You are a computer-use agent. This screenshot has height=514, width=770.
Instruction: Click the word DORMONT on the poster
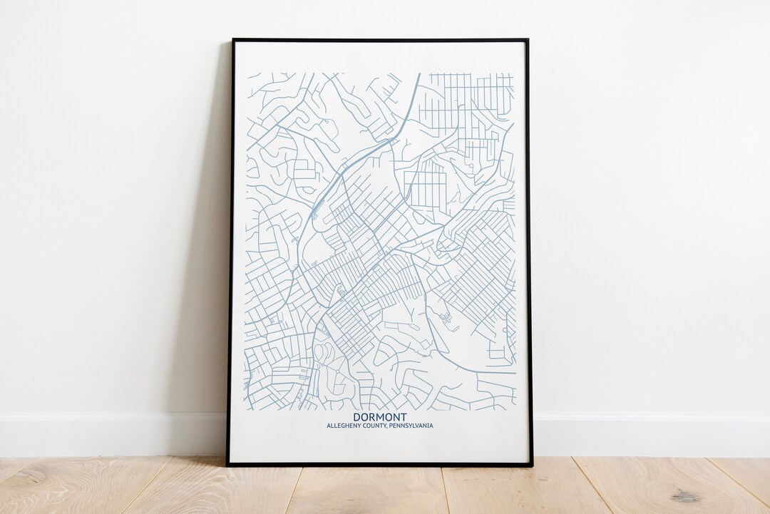[380, 417]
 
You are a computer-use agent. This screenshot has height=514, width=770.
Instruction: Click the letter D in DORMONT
[356, 417]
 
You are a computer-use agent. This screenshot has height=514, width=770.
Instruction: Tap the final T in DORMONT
[404, 417]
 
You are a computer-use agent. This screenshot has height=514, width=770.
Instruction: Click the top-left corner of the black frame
[232, 40]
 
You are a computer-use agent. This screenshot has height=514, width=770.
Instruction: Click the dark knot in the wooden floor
[687, 495]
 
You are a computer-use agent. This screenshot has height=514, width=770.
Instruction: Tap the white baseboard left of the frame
[107, 435]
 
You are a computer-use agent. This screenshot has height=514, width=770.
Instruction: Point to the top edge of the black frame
[379, 40]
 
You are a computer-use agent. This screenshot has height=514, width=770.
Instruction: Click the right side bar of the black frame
[529, 250]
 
